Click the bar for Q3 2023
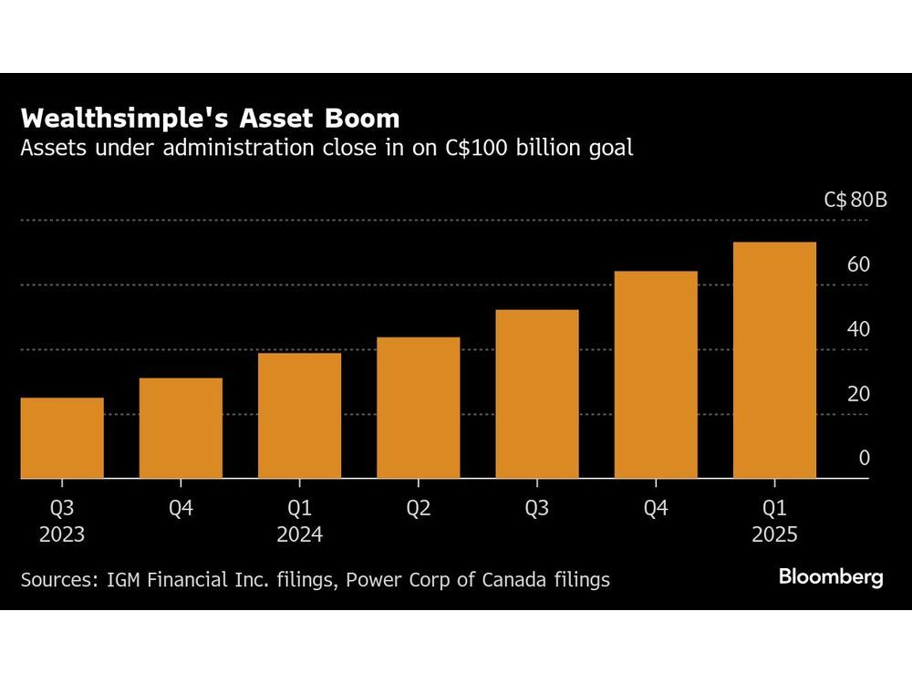coord(62,438)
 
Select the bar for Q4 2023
coord(181,428)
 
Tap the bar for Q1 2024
coord(299,416)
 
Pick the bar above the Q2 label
coord(418,408)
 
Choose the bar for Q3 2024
coord(537,394)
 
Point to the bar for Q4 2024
coord(656,375)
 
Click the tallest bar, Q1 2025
coord(774,360)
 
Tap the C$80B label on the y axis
coord(855,200)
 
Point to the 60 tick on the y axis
coord(859,264)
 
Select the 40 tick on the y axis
coord(859,329)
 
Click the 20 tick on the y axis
coord(859,394)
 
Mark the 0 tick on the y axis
coord(865,459)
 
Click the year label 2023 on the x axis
coord(62,534)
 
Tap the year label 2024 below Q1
coord(299,534)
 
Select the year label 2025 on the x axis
coord(774,534)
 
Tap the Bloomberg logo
coord(830,577)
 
